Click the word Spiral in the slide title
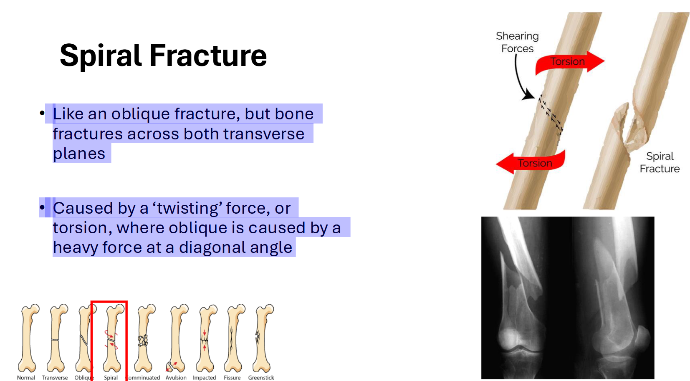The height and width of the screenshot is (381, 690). point(101,56)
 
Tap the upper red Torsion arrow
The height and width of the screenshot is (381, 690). point(569,62)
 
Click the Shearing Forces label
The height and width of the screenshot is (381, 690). point(517,42)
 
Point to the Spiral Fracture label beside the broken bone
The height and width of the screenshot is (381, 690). point(660,162)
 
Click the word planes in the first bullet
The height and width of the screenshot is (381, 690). point(79,154)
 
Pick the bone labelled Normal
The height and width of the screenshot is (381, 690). point(28,338)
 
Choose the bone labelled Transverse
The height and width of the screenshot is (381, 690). point(56,338)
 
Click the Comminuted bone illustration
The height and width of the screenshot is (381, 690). point(144,338)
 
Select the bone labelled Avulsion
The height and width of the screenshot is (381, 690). point(177,338)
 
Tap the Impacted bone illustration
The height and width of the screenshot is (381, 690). point(205,338)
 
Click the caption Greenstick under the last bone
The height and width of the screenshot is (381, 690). point(261,378)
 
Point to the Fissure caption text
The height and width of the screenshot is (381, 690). point(232,378)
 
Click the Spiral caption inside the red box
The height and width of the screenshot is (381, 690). point(111,378)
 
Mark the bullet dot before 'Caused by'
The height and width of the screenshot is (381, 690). point(42,207)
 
